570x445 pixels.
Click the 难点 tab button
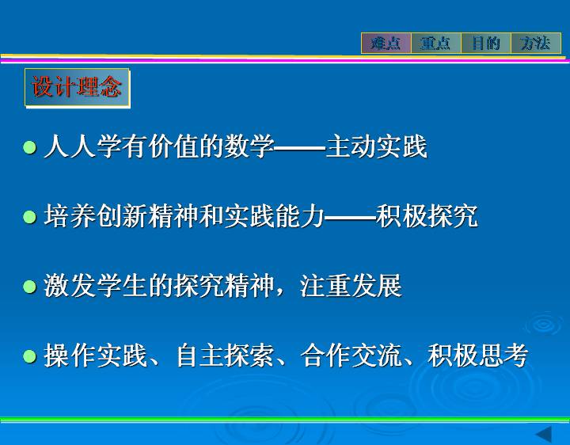tap(386, 44)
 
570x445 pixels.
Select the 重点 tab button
tap(436, 44)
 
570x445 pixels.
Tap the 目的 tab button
tap(486, 44)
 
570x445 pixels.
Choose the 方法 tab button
tap(536, 44)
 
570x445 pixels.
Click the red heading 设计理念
tap(77, 87)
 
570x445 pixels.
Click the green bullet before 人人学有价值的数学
tap(29, 147)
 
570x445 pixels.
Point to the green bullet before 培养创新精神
tap(29, 217)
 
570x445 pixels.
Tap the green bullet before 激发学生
tap(29, 286)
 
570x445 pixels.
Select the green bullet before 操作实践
tap(29, 356)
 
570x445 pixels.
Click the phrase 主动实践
tap(376, 146)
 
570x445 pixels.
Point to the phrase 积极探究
tap(427, 216)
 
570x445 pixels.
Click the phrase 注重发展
tap(351, 285)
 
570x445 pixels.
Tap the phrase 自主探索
tap(225, 356)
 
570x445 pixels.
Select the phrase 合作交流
tap(351, 356)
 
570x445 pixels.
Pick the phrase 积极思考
tap(477, 356)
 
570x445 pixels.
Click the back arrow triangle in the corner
tap(544, 435)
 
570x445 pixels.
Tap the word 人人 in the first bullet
tap(70, 146)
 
